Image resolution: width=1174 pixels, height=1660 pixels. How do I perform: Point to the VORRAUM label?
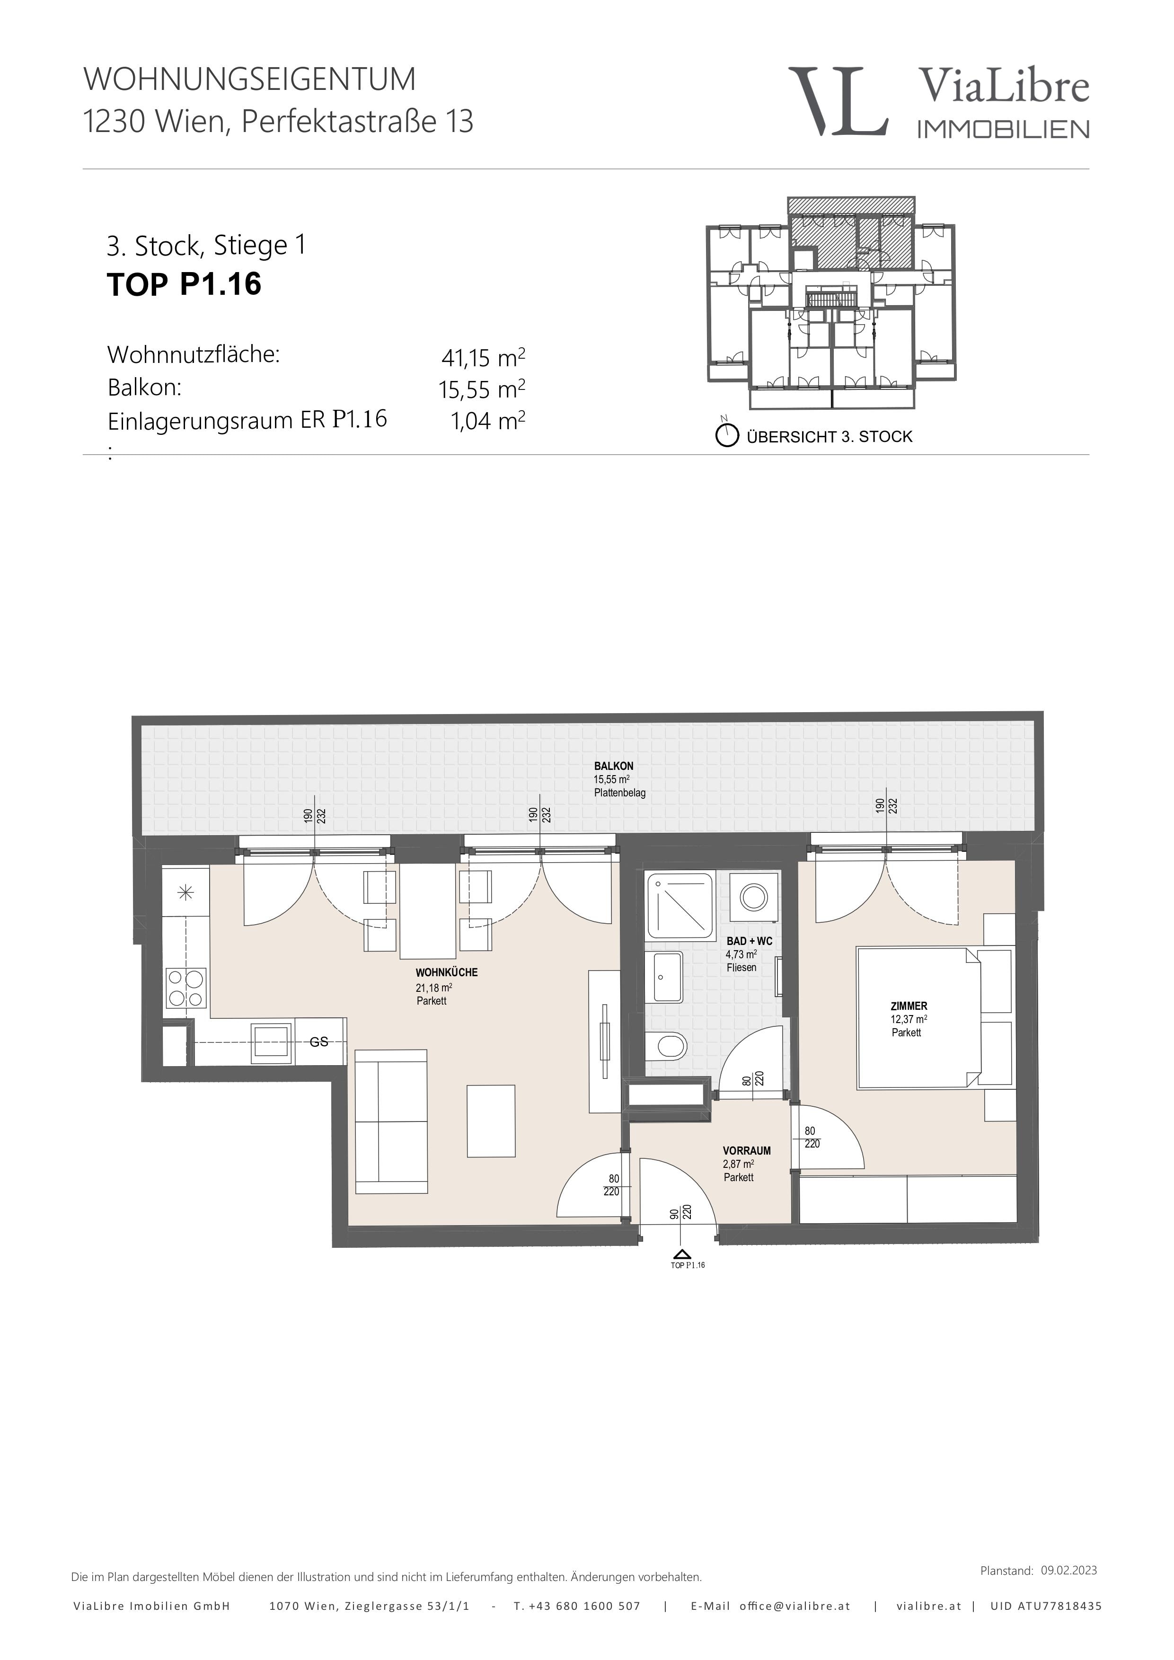click(x=747, y=1150)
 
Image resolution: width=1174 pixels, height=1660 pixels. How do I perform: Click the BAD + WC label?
click(x=750, y=941)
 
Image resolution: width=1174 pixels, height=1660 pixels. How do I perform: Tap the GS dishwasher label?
click(x=319, y=1042)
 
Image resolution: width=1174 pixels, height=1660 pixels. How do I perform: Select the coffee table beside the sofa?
click(x=491, y=1121)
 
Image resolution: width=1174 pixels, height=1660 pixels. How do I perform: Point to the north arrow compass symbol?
click(x=726, y=434)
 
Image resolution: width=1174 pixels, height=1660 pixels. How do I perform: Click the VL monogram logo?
click(x=838, y=101)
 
